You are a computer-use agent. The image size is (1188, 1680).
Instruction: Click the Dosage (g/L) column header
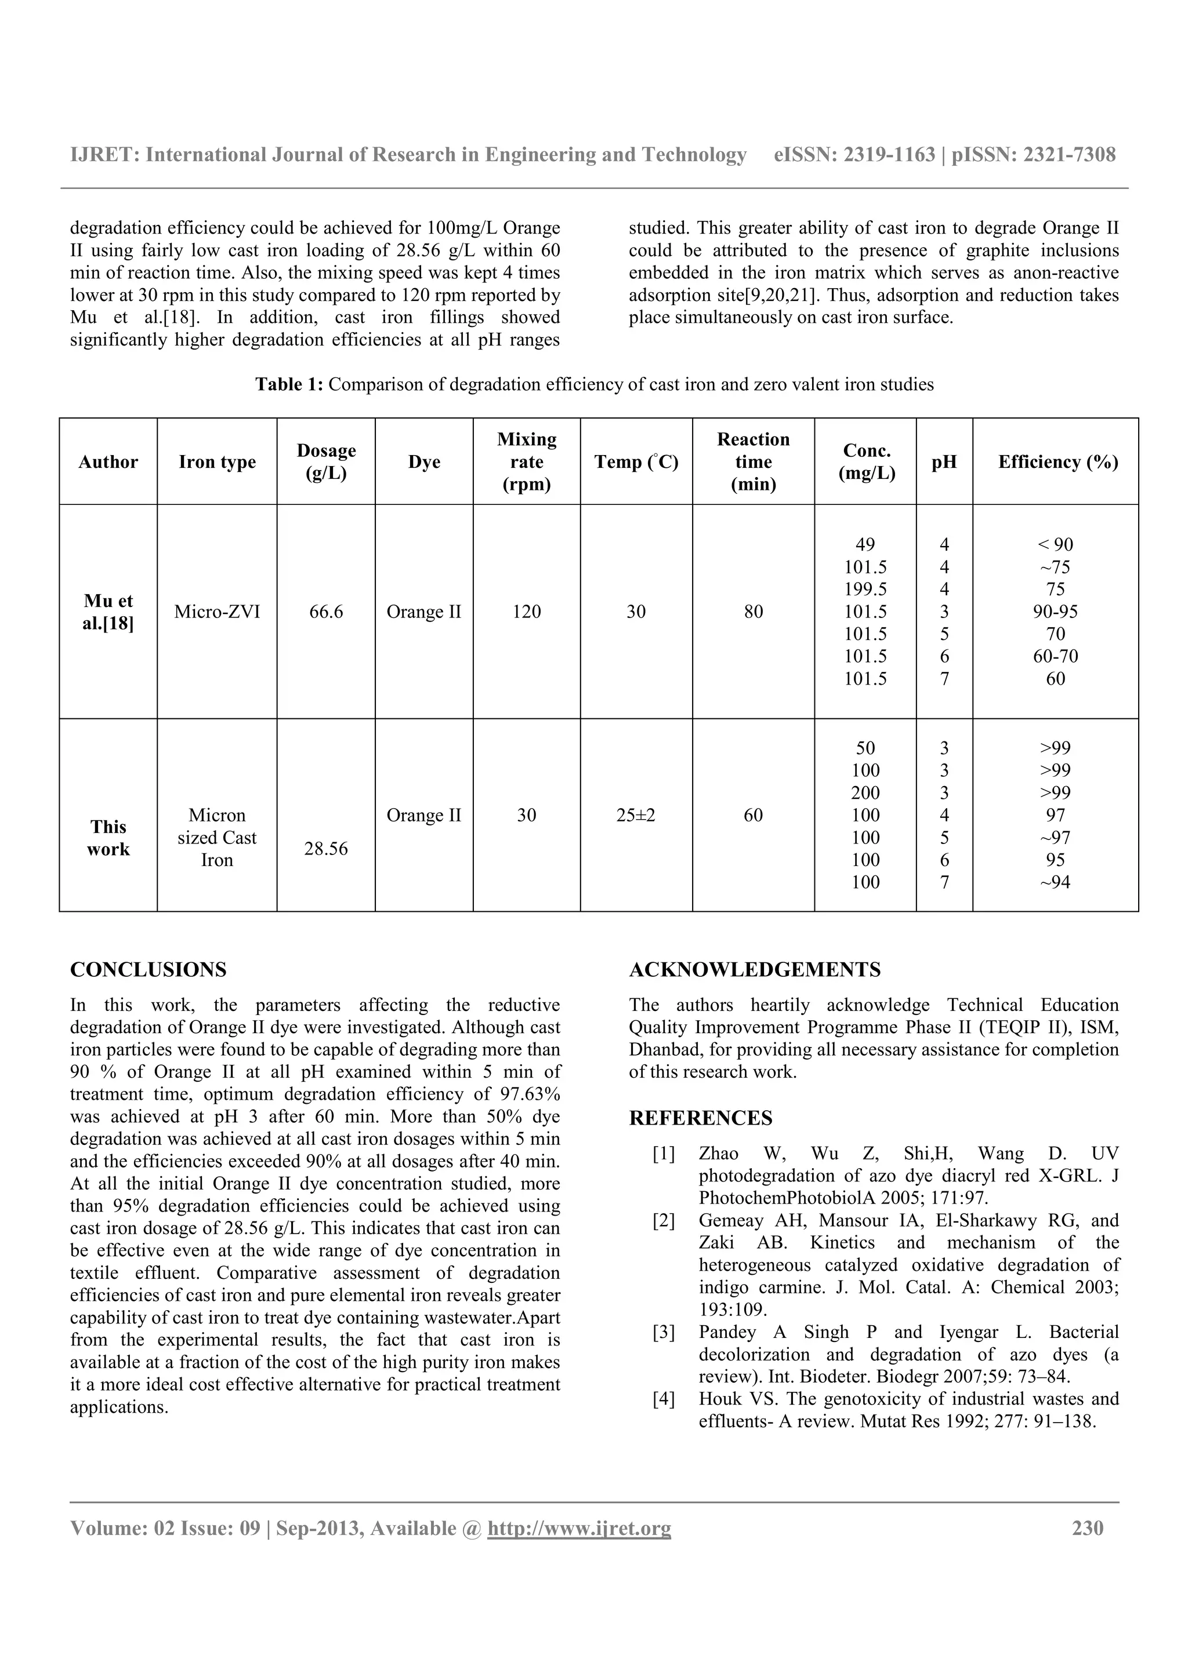coord(326,461)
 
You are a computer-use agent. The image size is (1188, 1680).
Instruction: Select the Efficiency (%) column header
coord(1057,461)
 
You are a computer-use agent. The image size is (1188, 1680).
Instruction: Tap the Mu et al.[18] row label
coord(108,612)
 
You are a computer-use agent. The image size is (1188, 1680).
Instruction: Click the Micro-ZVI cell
coord(217,612)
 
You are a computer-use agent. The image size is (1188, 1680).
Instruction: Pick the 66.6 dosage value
coord(326,612)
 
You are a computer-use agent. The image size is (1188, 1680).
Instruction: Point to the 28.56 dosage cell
coord(326,849)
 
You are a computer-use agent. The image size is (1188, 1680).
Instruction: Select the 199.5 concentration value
coord(865,589)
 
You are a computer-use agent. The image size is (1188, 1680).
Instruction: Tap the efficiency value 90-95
coord(1055,612)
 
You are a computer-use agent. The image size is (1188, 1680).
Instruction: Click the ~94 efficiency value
coord(1055,882)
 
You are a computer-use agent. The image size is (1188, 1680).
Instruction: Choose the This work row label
coord(108,838)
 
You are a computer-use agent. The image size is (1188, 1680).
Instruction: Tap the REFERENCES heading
coord(701,1118)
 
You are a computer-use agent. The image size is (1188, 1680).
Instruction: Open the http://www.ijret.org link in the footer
coord(579,1529)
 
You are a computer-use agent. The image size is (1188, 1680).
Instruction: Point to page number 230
coord(1088,1529)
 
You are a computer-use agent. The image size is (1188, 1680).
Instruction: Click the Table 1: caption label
coord(289,384)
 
